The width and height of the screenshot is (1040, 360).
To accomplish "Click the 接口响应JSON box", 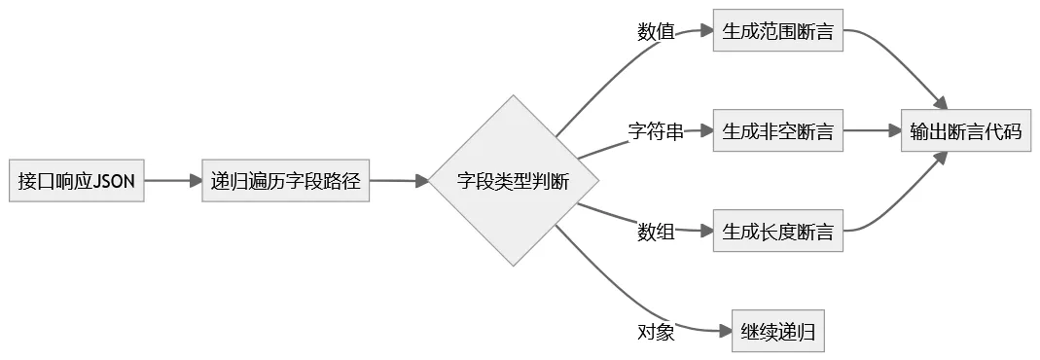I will pyautogui.click(x=77, y=181).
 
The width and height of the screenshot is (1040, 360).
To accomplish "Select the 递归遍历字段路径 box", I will pyautogui.click(x=286, y=181).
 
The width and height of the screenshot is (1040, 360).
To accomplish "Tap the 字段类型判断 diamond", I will pyautogui.click(x=513, y=181).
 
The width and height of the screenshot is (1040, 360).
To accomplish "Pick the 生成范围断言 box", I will pyautogui.click(x=777, y=31).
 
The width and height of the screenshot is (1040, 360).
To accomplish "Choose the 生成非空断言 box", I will pyautogui.click(x=777, y=131).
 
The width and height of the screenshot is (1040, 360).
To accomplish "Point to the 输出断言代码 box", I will pyautogui.click(x=965, y=131).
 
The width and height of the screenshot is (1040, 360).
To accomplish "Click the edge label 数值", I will pyautogui.click(x=656, y=31).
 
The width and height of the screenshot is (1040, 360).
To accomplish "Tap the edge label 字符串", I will pyautogui.click(x=655, y=131).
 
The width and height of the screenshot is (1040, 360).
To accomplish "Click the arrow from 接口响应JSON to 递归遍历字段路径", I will pyautogui.click(x=172, y=181).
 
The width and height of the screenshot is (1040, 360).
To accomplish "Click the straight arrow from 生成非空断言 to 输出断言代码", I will pyautogui.click(x=872, y=131).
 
